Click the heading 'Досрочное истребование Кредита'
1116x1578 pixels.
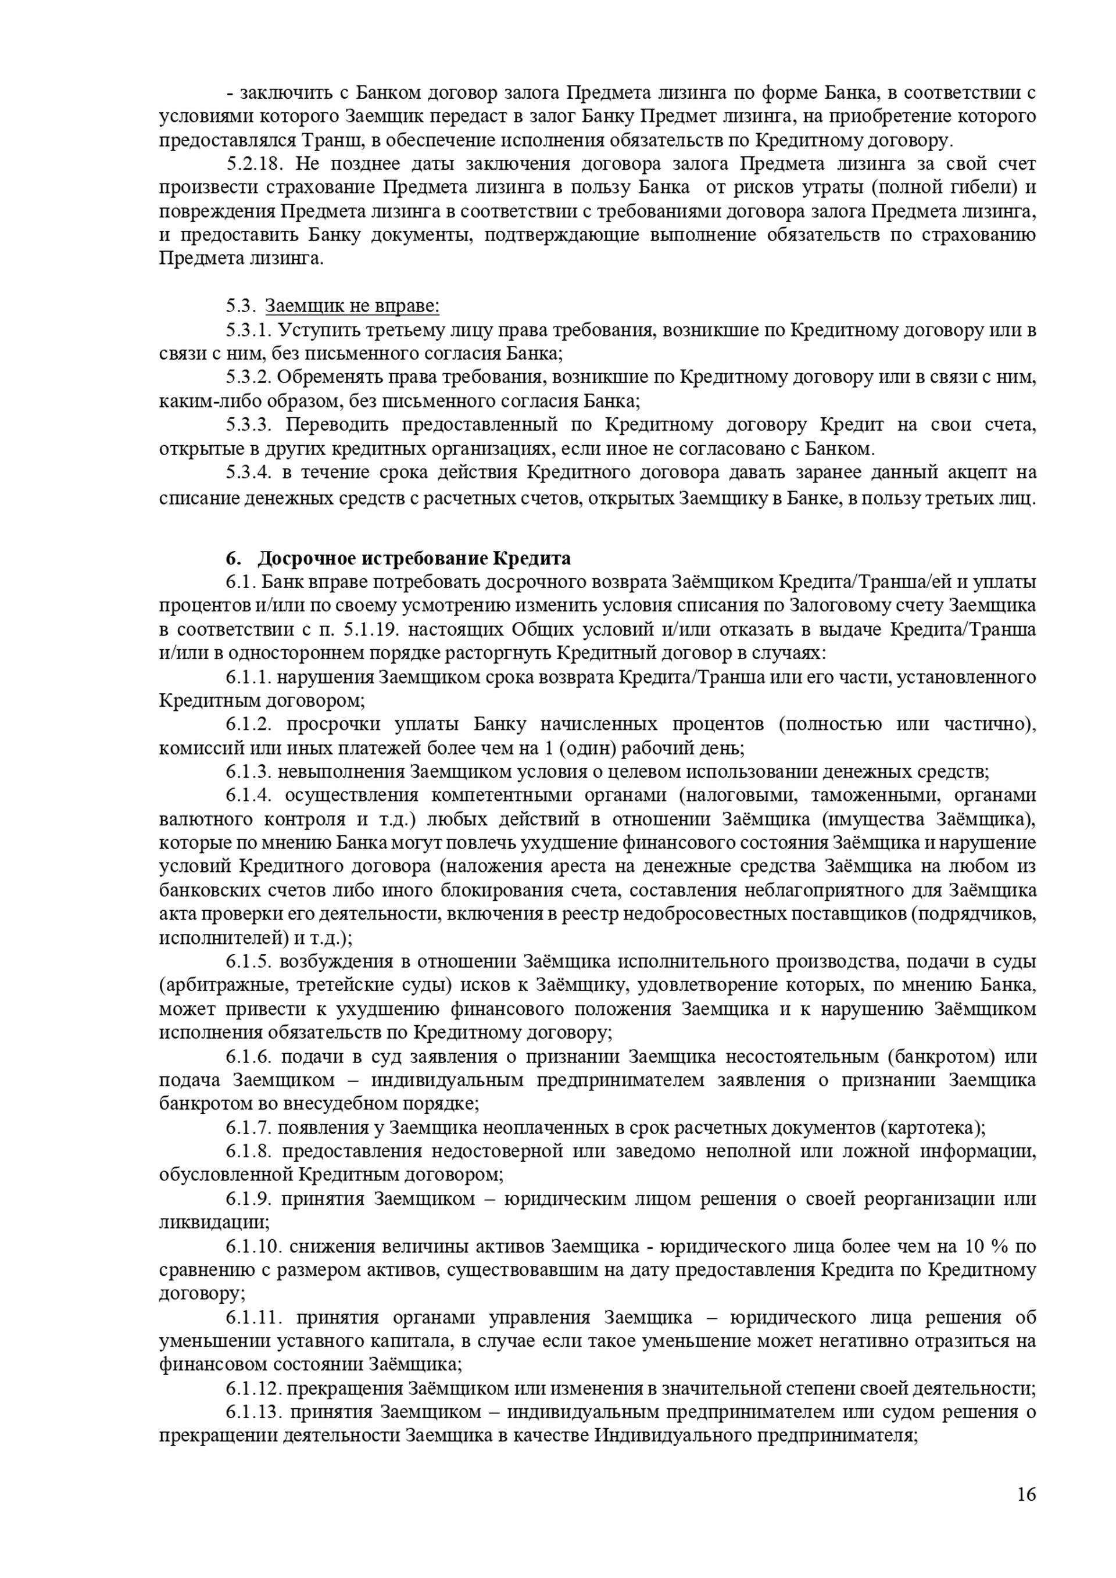(414, 557)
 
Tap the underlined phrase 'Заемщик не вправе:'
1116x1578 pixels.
(352, 306)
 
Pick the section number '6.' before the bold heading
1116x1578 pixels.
(233, 557)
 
